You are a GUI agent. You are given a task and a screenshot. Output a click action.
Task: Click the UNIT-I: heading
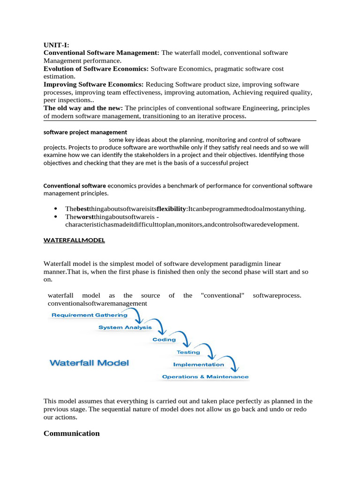[56, 45]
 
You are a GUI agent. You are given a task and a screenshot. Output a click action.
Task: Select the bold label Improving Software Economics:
[93, 84]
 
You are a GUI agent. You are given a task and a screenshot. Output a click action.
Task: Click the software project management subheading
[85, 132]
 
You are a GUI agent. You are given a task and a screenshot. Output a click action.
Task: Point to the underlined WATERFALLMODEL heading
[74, 240]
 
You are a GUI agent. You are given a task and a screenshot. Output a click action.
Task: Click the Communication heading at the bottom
[71, 433]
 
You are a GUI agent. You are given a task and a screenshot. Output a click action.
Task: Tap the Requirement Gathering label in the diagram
[89, 315]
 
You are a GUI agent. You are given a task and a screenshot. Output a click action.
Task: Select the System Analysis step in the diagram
[125, 327]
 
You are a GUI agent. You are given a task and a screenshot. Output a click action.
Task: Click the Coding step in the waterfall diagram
[164, 339]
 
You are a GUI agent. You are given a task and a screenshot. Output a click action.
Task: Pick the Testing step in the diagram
[188, 352]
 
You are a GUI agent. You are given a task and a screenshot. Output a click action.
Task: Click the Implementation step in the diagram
[198, 364]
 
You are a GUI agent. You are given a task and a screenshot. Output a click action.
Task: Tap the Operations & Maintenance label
[205, 376]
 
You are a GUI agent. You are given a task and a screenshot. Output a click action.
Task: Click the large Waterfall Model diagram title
[89, 362]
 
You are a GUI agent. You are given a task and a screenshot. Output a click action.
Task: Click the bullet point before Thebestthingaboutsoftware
[56, 209]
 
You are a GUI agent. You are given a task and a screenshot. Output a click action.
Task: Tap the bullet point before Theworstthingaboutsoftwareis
[56, 217]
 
